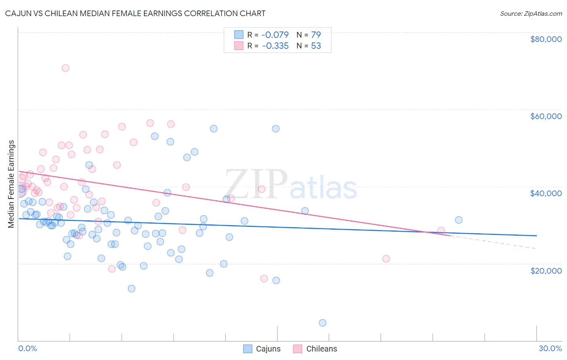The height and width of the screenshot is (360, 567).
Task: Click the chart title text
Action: click(x=135, y=13)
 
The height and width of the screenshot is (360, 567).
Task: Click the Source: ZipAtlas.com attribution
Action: click(x=531, y=13)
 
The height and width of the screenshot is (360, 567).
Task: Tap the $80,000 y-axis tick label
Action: click(x=546, y=39)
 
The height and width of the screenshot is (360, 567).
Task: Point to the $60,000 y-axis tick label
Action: click(x=546, y=116)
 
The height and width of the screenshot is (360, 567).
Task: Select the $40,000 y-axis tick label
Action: click(x=546, y=193)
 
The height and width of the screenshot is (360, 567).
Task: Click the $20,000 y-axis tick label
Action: click(x=546, y=271)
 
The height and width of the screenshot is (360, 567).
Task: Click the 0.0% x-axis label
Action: click(x=27, y=348)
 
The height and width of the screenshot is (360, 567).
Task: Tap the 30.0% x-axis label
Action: click(x=550, y=348)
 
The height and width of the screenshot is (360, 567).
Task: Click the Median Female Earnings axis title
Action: click(x=11, y=184)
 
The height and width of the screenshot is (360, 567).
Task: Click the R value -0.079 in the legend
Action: click(x=275, y=35)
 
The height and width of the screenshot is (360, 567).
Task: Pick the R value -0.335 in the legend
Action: click(x=275, y=46)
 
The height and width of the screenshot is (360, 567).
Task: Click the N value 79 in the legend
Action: click(x=316, y=35)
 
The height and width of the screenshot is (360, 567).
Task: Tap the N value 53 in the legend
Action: click(x=316, y=46)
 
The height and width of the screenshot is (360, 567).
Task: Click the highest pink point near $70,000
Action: click(x=65, y=68)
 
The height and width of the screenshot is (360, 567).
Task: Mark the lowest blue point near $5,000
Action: click(x=323, y=323)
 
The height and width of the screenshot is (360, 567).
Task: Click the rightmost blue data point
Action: click(x=459, y=220)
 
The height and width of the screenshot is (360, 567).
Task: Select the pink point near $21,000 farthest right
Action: click(x=386, y=259)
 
